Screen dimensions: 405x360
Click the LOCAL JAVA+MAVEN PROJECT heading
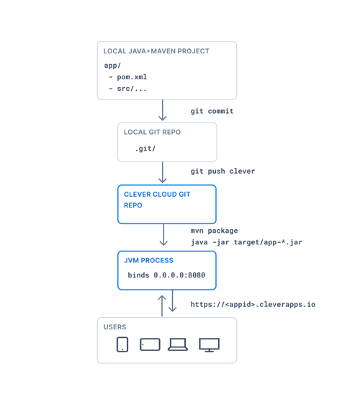click(x=156, y=51)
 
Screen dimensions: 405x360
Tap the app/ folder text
click(x=112, y=66)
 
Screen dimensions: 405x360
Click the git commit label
click(x=212, y=111)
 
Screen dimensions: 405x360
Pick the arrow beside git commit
click(x=163, y=110)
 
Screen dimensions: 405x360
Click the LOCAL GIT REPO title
click(x=152, y=132)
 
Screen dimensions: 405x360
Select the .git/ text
click(x=145, y=148)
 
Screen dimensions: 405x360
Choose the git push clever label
click(x=222, y=171)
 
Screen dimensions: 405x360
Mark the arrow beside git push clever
click(x=163, y=172)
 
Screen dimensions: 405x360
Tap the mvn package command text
click(x=214, y=231)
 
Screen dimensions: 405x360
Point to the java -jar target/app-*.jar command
click(x=246, y=242)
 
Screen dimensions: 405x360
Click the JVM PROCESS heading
click(x=148, y=260)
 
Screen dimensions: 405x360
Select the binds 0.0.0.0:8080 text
click(x=166, y=275)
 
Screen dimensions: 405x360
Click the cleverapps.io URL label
click(x=253, y=304)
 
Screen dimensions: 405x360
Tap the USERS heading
click(x=114, y=326)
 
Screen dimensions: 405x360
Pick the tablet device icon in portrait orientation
click(x=122, y=344)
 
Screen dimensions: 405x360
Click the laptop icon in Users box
click(x=178, y=344)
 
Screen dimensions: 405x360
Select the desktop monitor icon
click(x=210, y=344)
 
